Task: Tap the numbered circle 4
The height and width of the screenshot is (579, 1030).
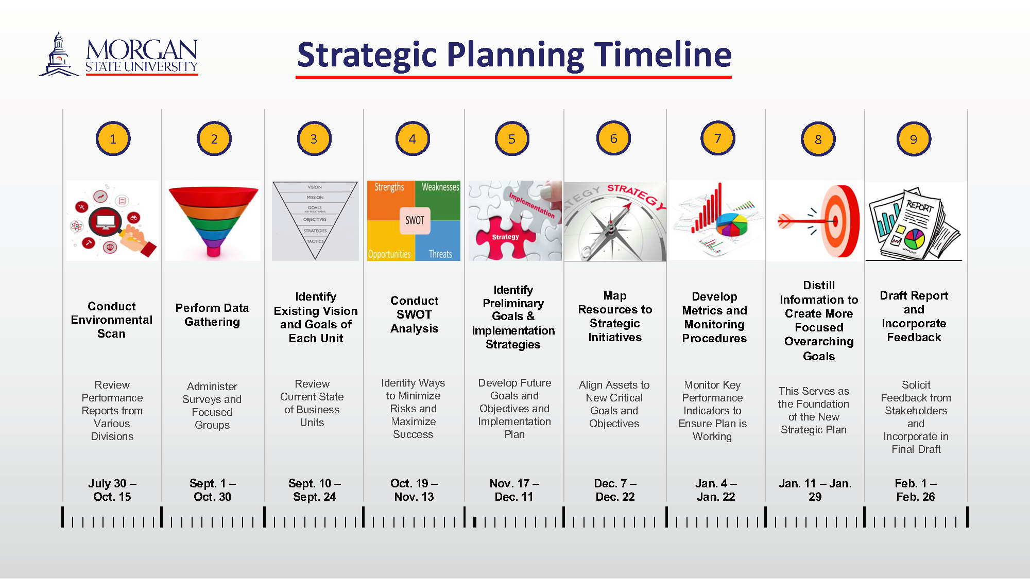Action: point(413,138)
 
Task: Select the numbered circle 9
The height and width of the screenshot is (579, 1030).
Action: point(914,139)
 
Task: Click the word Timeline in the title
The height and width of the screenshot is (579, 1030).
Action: point(663,55)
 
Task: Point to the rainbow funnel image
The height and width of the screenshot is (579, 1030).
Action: point(213,220)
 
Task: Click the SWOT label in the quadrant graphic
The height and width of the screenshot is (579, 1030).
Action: point(415,220)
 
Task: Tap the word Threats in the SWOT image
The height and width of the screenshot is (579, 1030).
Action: point(440,254)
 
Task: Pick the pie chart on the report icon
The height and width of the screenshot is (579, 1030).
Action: point(915,238)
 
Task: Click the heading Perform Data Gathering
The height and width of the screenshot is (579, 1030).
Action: point(212,315)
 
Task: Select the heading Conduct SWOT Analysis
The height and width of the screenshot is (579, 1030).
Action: point(414,314)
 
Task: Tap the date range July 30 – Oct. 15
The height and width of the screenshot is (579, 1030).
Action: point(112,490)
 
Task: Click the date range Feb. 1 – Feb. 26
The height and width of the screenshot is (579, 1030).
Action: point(915,490)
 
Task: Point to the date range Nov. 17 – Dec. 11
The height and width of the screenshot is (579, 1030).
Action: point(514,490)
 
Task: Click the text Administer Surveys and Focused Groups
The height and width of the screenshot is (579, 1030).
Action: point(212,406)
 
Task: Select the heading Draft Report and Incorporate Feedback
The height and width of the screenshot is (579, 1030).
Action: point(914,317)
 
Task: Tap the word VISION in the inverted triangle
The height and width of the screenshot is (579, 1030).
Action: point(315,187)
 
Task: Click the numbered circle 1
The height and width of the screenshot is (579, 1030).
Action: point(113,139)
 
